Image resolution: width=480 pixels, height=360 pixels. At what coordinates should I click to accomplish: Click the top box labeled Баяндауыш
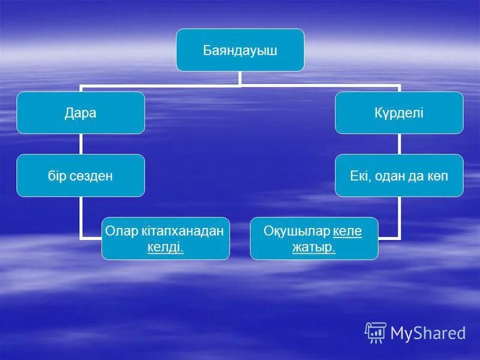click(239, 50)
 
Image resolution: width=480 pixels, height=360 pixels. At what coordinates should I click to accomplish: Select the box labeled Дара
click(80, 113)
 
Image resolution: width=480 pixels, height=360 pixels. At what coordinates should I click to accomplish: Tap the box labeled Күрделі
click(399, 113)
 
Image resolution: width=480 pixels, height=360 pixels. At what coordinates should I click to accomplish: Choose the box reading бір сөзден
click(80, 176)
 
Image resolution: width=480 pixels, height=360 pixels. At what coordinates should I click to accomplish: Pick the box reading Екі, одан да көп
click(399, 176)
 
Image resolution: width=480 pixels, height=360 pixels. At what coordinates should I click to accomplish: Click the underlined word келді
click(165, 247)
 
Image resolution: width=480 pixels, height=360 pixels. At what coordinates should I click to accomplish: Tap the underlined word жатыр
click(313, 247)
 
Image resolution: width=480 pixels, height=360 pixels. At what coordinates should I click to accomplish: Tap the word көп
click(438, 176)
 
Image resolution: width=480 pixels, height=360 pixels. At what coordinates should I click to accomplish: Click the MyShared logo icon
click(375, 332)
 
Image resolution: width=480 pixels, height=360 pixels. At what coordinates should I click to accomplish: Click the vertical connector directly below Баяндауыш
click(239, 78)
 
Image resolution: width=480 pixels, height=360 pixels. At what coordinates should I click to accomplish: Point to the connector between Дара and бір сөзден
click(80, 144)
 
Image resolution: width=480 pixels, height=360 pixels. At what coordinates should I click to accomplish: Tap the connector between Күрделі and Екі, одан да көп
click(399, 144)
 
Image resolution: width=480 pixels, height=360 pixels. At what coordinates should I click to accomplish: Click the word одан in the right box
click(391, 176)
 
